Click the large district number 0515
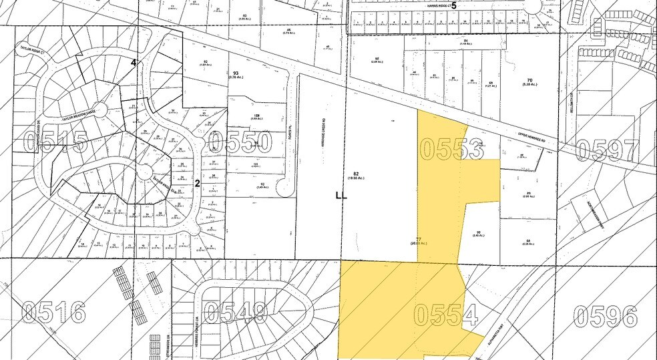coord(55,142)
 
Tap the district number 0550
coord(240,142)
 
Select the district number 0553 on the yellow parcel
coord(452,148)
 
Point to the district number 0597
coord(609,150)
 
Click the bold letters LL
coord(342,196)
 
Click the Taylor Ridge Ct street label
coord(31,49)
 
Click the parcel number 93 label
coord(236,74)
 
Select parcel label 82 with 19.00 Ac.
coord(355,176)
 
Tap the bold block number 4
coord(134,63)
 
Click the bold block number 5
coord(454,5)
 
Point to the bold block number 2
coord(197,181)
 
